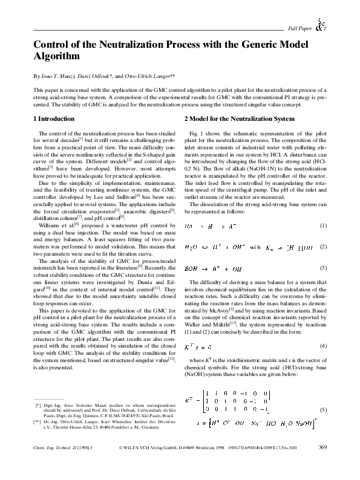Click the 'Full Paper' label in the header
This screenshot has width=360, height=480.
pos(299,28)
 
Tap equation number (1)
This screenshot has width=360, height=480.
pos(323,225)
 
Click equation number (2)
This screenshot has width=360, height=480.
pos(323,247)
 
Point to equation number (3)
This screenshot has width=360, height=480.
pos(323,267)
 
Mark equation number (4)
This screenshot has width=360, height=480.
pos(323,346)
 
